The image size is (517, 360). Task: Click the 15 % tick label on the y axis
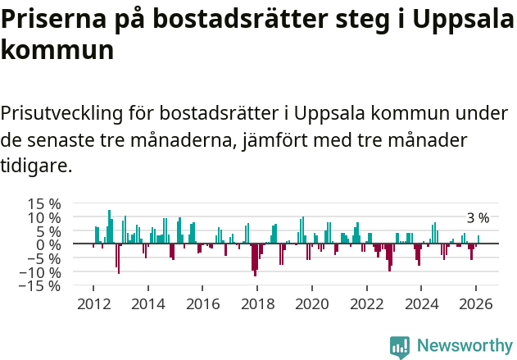tap(44, 203)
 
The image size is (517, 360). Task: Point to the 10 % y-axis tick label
tap(44, 217)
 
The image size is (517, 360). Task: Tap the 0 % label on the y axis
tap(49, 244)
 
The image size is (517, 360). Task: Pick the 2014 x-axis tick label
tap(147, 303)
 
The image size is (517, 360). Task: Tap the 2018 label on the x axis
tap(257, 303)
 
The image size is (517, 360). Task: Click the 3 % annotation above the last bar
tap(478, 218)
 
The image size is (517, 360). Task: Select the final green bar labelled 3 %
tap(478, 239)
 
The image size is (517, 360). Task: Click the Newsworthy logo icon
tap(400, 346)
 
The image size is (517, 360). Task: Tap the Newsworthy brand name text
tap(465, 346)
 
